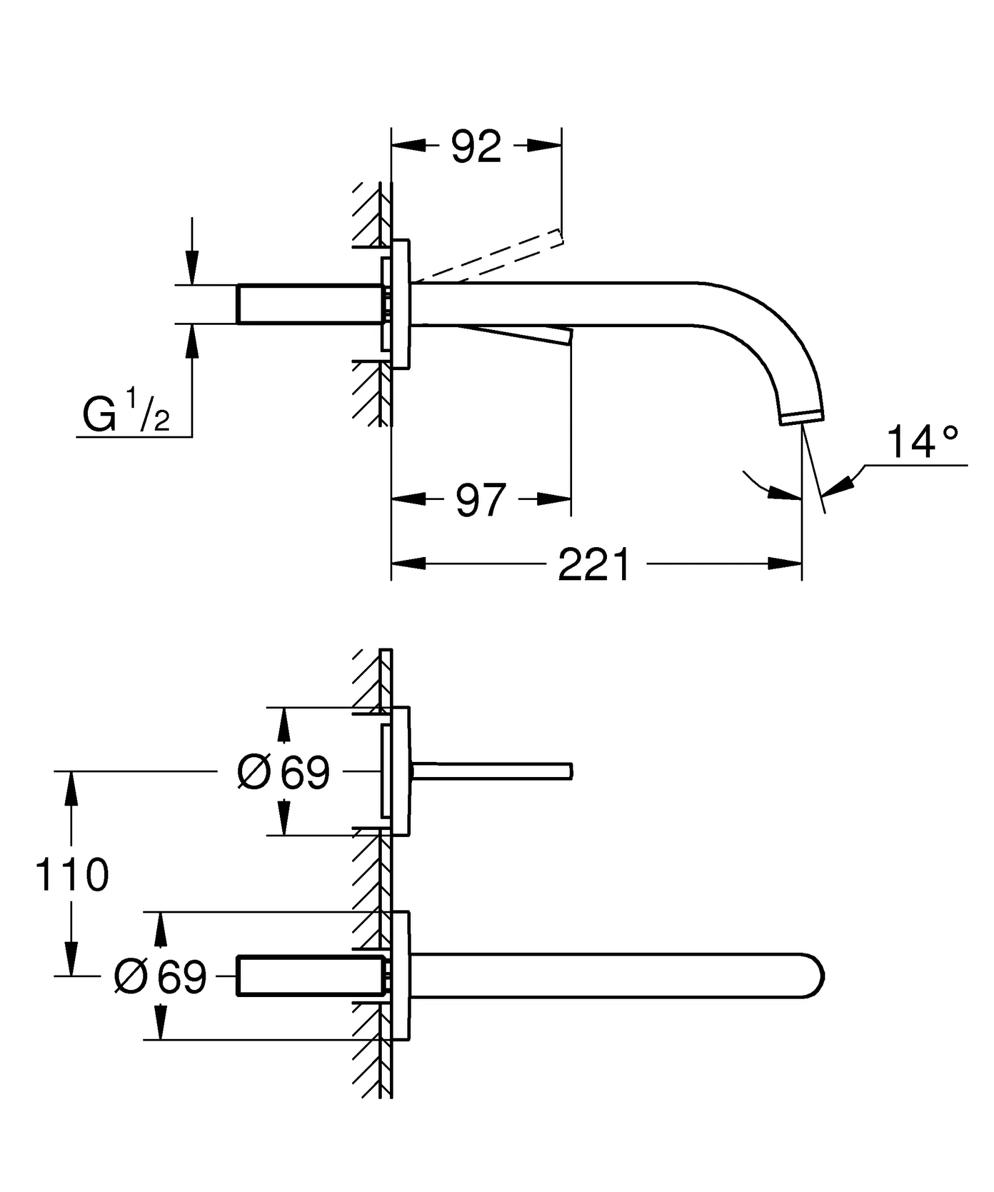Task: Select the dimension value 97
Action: click(480, 499)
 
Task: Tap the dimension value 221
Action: click(594, 565)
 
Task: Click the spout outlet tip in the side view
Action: click(802, 417)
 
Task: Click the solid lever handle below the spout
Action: click(512, 334)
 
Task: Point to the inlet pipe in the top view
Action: click(308, 303)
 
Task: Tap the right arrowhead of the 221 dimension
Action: click(786, 563)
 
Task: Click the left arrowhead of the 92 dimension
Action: click(408, 146)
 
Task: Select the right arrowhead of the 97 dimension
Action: click(555, 499)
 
